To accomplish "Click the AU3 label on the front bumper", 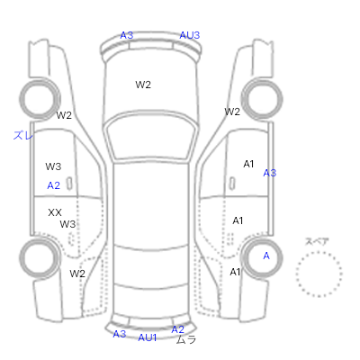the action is point(189,35).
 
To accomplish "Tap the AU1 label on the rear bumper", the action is point(148,337).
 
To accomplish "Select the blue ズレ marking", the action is point(22,136).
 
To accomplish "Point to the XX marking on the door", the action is point(55,212).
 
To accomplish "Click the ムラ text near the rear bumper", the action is point(186,339).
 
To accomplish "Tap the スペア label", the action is point(317,241).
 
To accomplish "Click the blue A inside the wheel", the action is point(266,256).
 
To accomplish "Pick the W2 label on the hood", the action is point(143,85).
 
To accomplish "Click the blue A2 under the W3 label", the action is point(54,185).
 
